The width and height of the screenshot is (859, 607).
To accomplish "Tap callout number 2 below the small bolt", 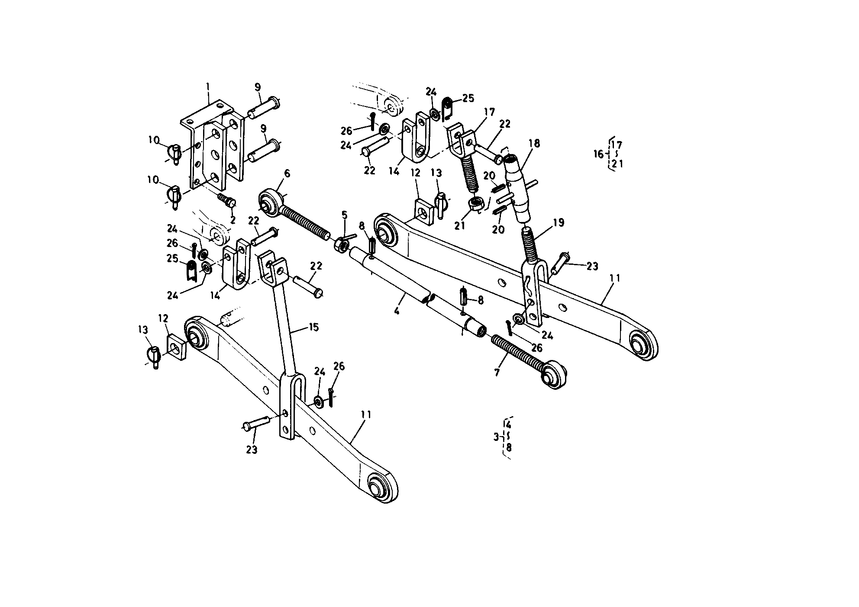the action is pos(233,220).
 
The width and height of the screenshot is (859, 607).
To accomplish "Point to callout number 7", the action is pos(497,372).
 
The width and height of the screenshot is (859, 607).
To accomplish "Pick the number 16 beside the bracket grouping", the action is pos(598,154).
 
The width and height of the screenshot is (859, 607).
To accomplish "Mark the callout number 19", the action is pos(559,223).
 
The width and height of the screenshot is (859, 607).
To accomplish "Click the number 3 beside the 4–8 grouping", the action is pos(497,437).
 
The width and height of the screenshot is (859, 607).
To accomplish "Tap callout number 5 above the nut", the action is pos(344,215).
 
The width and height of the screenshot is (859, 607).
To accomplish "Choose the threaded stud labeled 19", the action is pos(530,244).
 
